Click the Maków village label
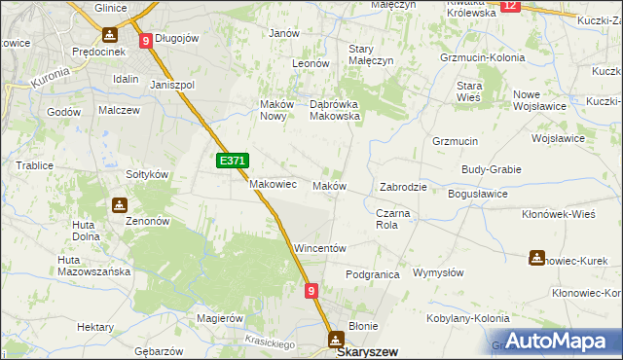[328, 186]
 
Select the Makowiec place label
[273, 184]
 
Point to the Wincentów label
[320, 249]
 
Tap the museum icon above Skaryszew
[336, 339]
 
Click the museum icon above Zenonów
[120, 205]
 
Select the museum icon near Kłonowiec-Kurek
[536, 258]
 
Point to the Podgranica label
[373, 274]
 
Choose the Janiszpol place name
[172, 84]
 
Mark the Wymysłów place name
[437, 273]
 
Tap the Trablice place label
[34, 165]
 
